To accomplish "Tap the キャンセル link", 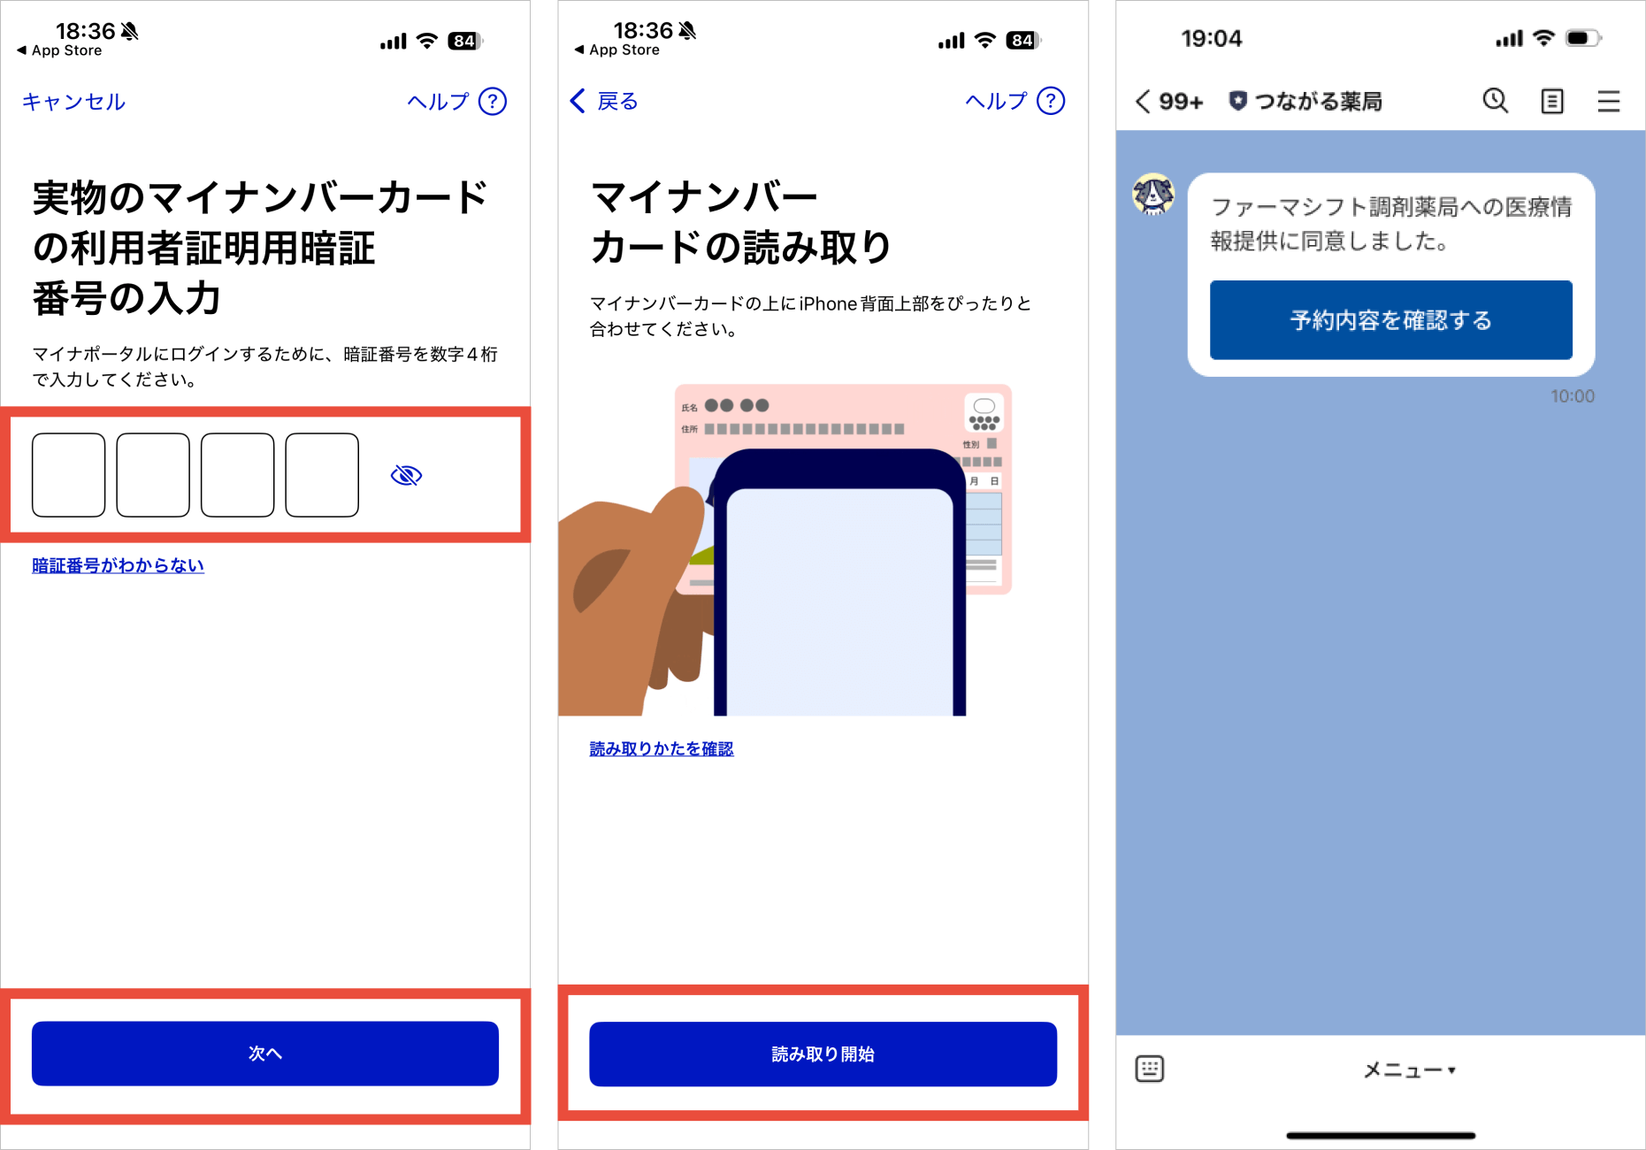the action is pyautogui.click(x=73, y=102).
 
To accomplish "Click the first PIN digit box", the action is pyautogui.click(x=69, y=475).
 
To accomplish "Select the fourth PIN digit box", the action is pyautogui.click(x=322, y=475).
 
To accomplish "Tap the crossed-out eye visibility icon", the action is pyautogui.click(x=406, y=476).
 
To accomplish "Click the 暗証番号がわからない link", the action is pyautogui.click(x=118, y=565).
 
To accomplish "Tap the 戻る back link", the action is pyautogui.click(x=604, y=101).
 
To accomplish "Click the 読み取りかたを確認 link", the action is pyautogui.click(x=662, y=748).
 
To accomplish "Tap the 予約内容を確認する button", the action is pyautogui.click(x=1390, y=320).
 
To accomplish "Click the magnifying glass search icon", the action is pyautogui.click(x=1496, y=101).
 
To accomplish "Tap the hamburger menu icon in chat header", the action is pyautogui.click(x=1609, y=101).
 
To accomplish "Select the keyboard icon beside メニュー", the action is pyautogui.click(x=1150, y=1069).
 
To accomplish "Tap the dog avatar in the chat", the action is pyautogui.click(x=1154, y=195).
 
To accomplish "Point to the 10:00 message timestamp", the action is pyautogui.click(x=1573, y=396).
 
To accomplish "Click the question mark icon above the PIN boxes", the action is pyautogui.click(x=493, y=102).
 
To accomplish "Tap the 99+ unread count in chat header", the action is pyautogui.click(x=1181, y=102).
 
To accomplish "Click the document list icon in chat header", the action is pyautogui.click(x=1552, y=101).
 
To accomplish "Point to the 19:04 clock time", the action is pyautogui.click(x=1212, y=39).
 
